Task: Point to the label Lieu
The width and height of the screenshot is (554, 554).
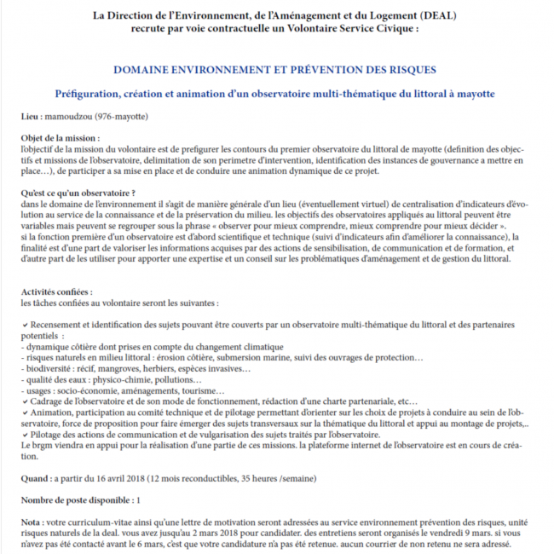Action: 32,114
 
